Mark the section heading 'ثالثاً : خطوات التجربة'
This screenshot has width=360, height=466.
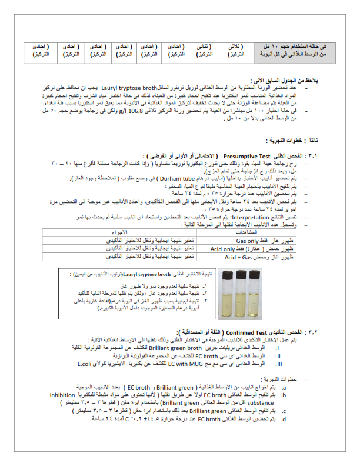tap(306, 141)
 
